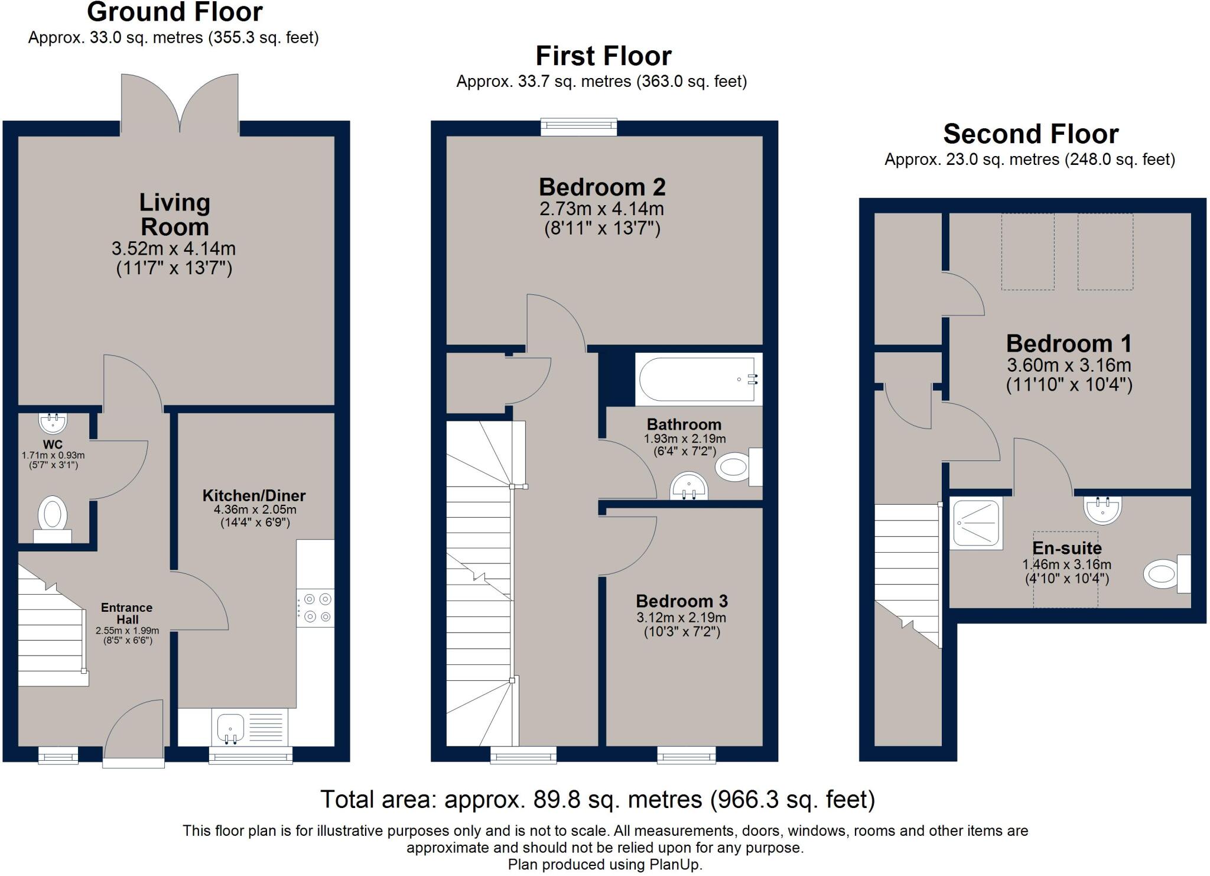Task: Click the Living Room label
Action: pos(175,215)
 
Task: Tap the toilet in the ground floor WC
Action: pos(53,519)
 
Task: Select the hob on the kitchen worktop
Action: pos(315,608)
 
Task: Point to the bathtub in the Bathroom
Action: pos(699,379)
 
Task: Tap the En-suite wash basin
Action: pos(1102,510)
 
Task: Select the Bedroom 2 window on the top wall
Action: pos(579,127)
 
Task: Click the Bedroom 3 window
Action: pos(687,755)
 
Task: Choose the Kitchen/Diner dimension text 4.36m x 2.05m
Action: pos(255,510)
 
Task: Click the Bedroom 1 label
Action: pos(1069,343)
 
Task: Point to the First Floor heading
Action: pos(603,56)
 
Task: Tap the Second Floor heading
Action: pos(1031,134)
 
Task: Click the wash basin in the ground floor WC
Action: pos(53,423)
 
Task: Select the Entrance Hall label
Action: pos(126,614)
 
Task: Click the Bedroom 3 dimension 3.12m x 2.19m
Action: pos(682,618)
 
